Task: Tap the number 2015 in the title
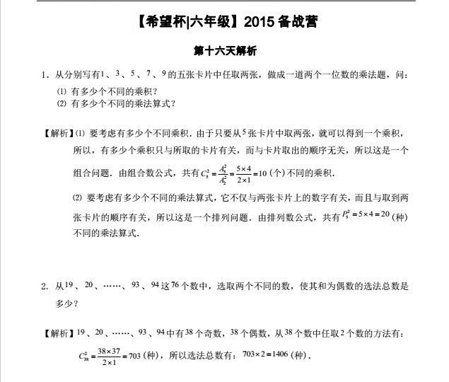tap(262, 21)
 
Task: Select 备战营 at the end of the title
tap(302, 21)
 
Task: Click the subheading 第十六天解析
tap(224, 51)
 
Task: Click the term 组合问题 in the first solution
tap(93, 172)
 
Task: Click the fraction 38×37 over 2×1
tap(109, 355)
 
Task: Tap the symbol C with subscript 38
tap(84, 356)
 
